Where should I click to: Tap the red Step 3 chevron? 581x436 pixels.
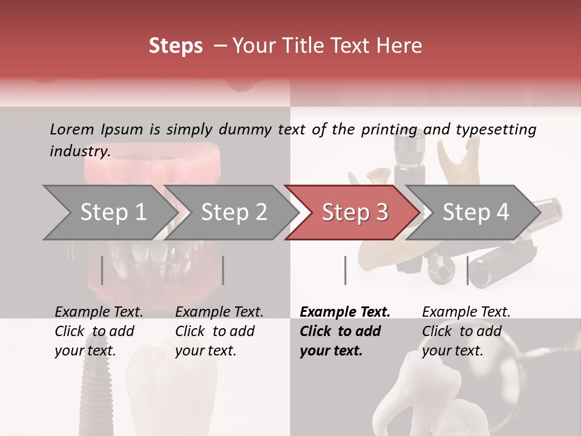355,213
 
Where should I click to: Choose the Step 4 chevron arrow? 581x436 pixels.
476,213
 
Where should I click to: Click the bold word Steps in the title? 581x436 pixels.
176,46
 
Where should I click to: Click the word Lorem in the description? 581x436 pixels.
71,129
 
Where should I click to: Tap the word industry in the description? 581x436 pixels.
79,151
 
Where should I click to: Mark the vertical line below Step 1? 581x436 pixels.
102,270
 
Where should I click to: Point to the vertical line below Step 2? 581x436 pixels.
223,270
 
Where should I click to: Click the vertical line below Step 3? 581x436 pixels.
345,270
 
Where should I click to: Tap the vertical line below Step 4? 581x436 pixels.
467,270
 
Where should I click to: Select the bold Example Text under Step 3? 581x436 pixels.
345,312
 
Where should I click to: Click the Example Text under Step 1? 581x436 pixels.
99,312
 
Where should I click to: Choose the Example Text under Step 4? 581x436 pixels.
466,312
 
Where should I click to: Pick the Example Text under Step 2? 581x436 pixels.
219,312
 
